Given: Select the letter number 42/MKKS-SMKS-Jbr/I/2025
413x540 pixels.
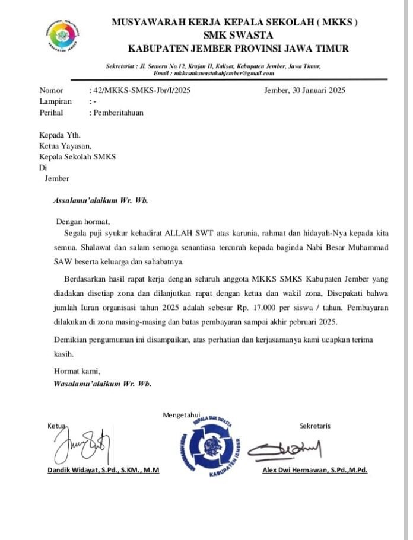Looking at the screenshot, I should (141, 91).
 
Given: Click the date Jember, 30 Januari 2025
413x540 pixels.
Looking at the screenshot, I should (304, 91).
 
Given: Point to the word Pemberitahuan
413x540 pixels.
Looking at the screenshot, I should (117, 112).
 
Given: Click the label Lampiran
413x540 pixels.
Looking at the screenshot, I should (55, 101).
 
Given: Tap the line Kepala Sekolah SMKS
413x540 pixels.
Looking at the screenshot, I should (78, 156).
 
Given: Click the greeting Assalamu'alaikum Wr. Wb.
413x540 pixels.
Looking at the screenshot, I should (100, 200).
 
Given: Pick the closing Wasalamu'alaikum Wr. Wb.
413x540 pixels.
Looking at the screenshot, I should (102, 384).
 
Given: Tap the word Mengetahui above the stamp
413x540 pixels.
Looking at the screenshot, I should (182, 414).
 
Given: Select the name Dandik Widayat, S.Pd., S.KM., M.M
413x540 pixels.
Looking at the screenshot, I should (103, 471).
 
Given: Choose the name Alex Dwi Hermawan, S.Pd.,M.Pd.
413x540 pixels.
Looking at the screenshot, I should (314, 471).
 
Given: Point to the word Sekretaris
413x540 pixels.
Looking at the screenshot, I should (315, 426).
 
